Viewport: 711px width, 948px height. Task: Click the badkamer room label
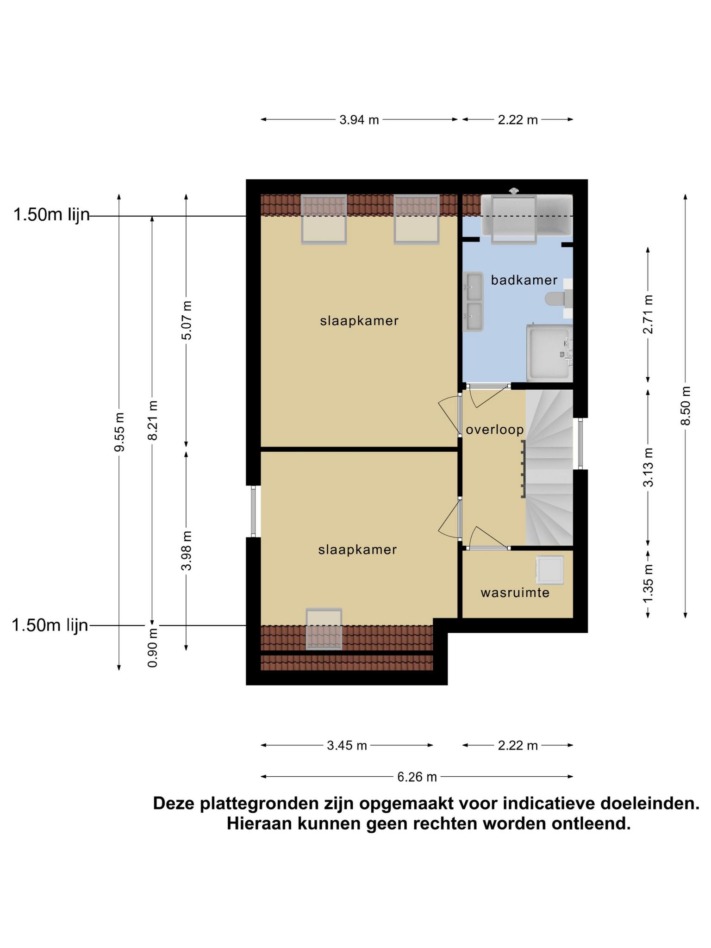(x=524, y=280)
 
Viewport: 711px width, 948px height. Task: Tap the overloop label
(x=495, y=430)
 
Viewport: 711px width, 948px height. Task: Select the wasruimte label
(x=515, y=593)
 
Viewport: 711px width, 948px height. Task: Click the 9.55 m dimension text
(x=120, y=432)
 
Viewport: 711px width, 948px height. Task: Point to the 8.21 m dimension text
(x=153, y=420)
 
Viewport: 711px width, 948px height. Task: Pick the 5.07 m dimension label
(x=187, y=320)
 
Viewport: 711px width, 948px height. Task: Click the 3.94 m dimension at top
(x=359, y=120)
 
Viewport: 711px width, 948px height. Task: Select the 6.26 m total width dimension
(x=417, y=777)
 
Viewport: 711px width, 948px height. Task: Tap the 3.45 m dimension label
(x=347, y=745)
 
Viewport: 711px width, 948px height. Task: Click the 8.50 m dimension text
(x=686, y=405)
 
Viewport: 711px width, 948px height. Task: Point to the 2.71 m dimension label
(x=648, y=314)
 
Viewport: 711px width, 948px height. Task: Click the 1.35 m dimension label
(x=648, y=583)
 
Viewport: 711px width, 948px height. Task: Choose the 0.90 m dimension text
(x=153, y=647)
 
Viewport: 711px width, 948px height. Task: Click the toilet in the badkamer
(x=558, y=299)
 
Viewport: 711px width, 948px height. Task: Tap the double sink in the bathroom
(x=473, y=302)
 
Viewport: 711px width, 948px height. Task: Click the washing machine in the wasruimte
(x=550, y=570)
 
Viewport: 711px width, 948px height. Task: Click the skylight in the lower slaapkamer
(x=324, y=629)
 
